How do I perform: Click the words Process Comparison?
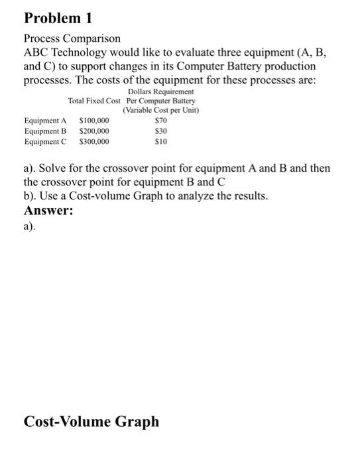pos(72,40)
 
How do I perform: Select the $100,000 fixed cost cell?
pos(94,121)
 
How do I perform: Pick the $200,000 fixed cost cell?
pos(94,131)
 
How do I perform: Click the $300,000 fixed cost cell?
pos(94,141)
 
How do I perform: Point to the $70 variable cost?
pos(160,121)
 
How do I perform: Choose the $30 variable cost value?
pos(160,131)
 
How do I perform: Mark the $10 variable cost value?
pos(160,141)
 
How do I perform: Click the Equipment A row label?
pos(45,121)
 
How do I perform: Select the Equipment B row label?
pos(45,131)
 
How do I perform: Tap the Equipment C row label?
pos(45,141)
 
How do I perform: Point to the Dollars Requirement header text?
pos(160,91)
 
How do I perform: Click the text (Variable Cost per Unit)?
pos(161,110)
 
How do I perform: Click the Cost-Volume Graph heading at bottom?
pos(91,421)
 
